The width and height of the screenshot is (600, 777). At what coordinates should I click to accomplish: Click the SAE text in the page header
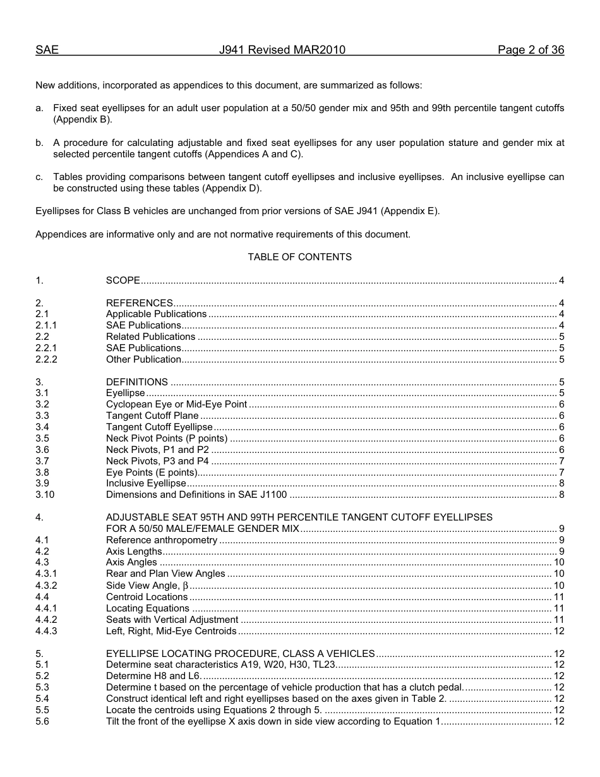47,50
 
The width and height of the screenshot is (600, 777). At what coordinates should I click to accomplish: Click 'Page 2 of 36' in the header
531,50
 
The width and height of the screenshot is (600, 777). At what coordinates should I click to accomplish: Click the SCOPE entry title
123,280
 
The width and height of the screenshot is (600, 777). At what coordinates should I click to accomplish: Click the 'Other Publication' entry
143,359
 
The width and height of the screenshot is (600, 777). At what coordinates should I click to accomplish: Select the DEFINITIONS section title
136,382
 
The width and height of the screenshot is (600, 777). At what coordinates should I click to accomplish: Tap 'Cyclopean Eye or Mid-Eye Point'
176,405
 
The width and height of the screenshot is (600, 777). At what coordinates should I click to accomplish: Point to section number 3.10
45,495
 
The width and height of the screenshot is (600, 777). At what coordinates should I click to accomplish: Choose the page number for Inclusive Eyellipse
561,483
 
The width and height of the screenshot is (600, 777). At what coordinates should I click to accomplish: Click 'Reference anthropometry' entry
161,540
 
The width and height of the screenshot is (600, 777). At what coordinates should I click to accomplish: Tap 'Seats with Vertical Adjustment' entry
172,620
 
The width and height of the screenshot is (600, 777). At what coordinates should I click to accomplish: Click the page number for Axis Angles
558,563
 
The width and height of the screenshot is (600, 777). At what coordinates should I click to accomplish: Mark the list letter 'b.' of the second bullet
40,143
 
